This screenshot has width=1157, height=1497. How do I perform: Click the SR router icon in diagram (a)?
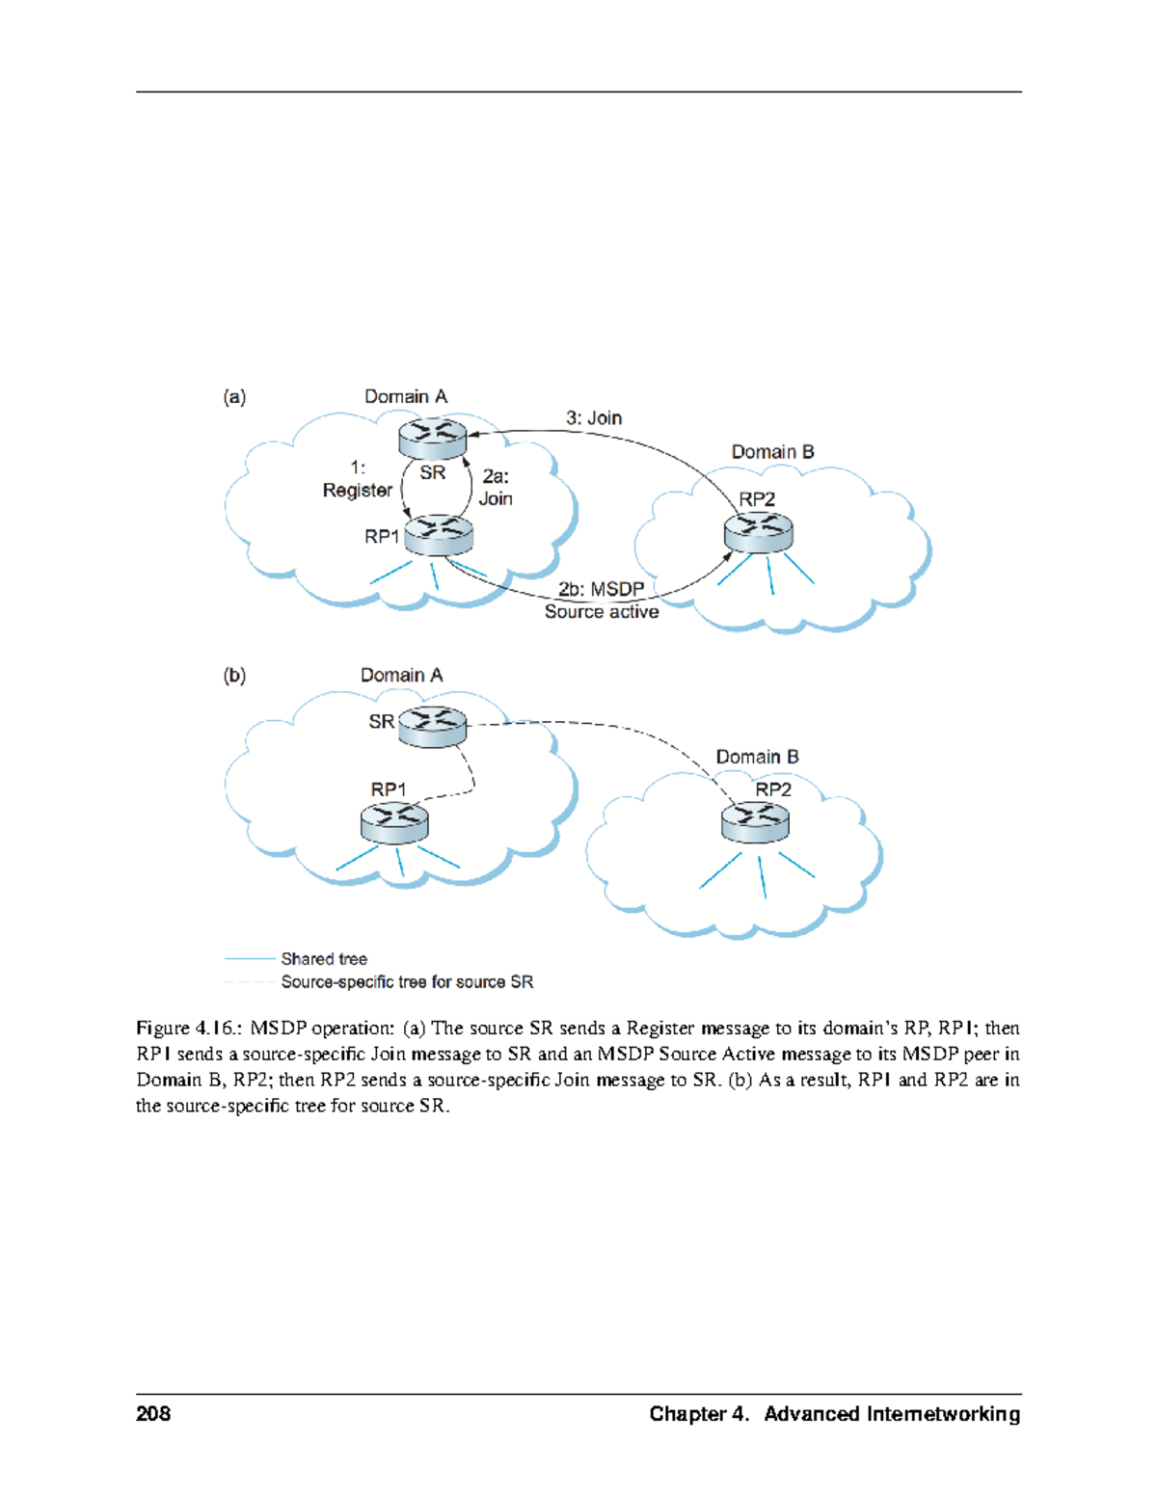pos(432,440)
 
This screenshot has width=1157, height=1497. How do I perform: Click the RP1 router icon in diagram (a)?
pos(439,535)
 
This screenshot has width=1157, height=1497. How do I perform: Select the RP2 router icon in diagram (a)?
pos(758,533)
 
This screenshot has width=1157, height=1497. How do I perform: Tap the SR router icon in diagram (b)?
pos(432,726)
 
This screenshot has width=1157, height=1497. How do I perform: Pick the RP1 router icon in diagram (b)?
pos(394,824)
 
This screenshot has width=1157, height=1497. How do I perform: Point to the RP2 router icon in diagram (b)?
pos(755,822)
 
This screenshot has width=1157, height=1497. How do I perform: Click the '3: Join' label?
pos(593,417)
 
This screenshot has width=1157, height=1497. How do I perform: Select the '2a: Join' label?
pos(496,488)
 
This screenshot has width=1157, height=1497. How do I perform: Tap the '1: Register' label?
pos(358,479)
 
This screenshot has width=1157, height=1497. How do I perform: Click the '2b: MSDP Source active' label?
pos(602,601)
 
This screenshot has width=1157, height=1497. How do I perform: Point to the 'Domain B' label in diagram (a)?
pos(772,451)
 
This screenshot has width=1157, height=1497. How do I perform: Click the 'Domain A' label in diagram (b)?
pos(401,675)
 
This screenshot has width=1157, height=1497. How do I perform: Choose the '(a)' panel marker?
pos(234,396)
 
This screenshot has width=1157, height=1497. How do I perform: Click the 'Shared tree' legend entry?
pos(323,958)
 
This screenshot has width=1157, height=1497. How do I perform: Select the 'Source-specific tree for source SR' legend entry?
pos(406,981)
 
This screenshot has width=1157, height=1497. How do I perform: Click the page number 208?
pos(153,1413)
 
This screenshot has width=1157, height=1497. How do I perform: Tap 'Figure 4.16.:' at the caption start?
pos(189,1028)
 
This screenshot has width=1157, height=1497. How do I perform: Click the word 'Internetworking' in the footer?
pos(942,1413)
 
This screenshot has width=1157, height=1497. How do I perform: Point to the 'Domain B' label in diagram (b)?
pos(757,757)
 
